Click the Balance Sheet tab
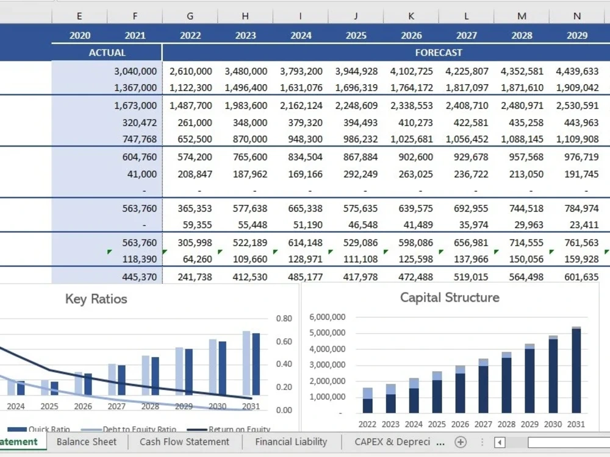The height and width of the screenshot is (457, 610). coord(87,442)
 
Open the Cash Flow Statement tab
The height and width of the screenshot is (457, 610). coord(184,442)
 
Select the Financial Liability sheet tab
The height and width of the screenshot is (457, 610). coord(291,442)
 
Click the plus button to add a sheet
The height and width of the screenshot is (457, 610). coord(460,442)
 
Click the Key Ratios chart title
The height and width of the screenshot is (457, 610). coord(96,299)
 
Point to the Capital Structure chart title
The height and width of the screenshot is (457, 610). coord(450,297)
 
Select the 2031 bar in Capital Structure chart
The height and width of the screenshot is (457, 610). coord(576,370)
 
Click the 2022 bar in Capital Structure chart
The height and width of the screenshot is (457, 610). coord(368,400)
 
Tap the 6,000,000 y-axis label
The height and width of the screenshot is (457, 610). coord(328,317)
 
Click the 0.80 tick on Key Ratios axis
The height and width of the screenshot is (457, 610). coord(284,319)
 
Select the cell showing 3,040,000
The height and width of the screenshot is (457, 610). coord(135,71)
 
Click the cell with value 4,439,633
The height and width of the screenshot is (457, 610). coord(577,71)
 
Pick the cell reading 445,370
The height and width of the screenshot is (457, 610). coord(139,277)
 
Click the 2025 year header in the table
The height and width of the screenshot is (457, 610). coord(356,35)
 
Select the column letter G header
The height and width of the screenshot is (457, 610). coord(190,16)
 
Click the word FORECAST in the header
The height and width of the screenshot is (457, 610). coord(439,52)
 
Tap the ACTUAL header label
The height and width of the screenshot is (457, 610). coord(107,52)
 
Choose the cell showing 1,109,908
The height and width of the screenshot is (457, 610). coord(577,139)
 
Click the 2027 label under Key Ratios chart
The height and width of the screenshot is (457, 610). coord(117,406)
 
